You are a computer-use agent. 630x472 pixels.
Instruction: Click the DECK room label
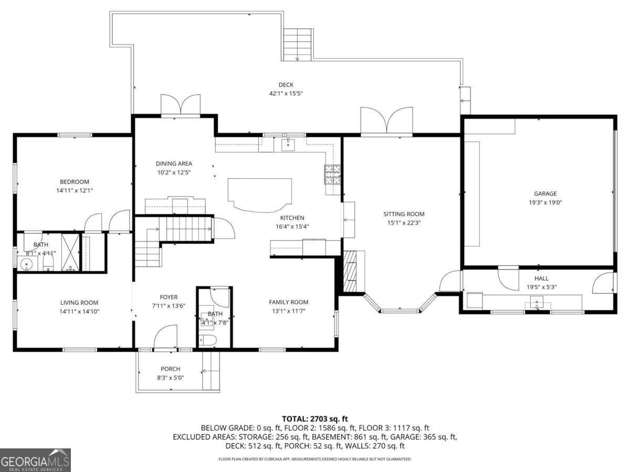click(286, 85)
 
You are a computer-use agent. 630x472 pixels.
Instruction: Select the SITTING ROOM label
click(403, 214)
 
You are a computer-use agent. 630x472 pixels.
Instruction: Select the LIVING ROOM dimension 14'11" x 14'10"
click(79, 312)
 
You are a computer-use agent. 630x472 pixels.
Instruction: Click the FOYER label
click(169, 297)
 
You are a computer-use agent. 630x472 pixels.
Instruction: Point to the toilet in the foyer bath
click(209, 341)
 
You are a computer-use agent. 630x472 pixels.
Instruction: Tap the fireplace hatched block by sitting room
click(350, 271)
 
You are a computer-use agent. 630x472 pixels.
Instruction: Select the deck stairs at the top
click(298, 44)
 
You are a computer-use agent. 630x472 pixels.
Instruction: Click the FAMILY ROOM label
click(288, 302)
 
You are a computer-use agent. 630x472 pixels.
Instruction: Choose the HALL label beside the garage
click(541, 278)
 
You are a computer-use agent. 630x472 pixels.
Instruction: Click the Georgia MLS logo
click(35, 460)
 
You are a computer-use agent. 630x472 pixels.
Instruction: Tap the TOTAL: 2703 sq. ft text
click(315, 419)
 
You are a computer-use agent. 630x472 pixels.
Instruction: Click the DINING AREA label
click(174, 164)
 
